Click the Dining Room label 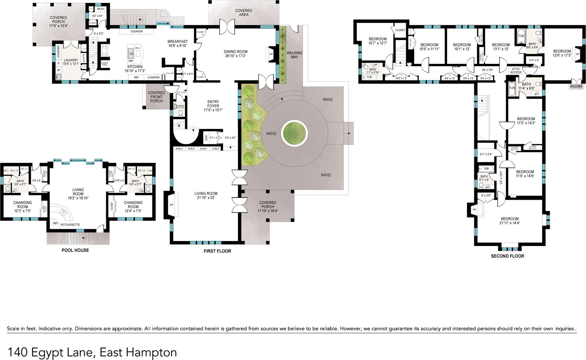click(x=235, y=52)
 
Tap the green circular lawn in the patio click(x=294, y=132)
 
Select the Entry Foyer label click(x=213, y=104)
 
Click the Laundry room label click(x=71, y=60)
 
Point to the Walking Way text click(x=294, y=55)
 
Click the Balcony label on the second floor click(x=576, y=87)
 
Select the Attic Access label click(x=516, y=70)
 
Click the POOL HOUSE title click(x=75, y=250)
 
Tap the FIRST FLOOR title click(x=217, y=251)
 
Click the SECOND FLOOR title click(x=507, y=256)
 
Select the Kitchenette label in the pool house click(x=70, y=225)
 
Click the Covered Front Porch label click(x=156, y=97)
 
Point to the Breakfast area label click(x=177, y=42)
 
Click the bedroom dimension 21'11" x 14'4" click(x=509, y=223)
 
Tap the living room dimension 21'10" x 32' click(x=206, y=198)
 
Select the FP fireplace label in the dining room click(x=271, y=54)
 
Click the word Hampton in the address click(x=151, y=352)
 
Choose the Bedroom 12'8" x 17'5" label click(x=562, y=51)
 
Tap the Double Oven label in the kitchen click(x=104, y=64)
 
